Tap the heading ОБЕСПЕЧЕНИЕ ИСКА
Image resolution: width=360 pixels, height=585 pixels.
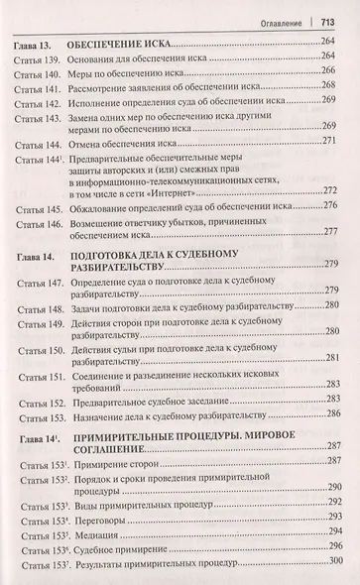click(x=127, y=46)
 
